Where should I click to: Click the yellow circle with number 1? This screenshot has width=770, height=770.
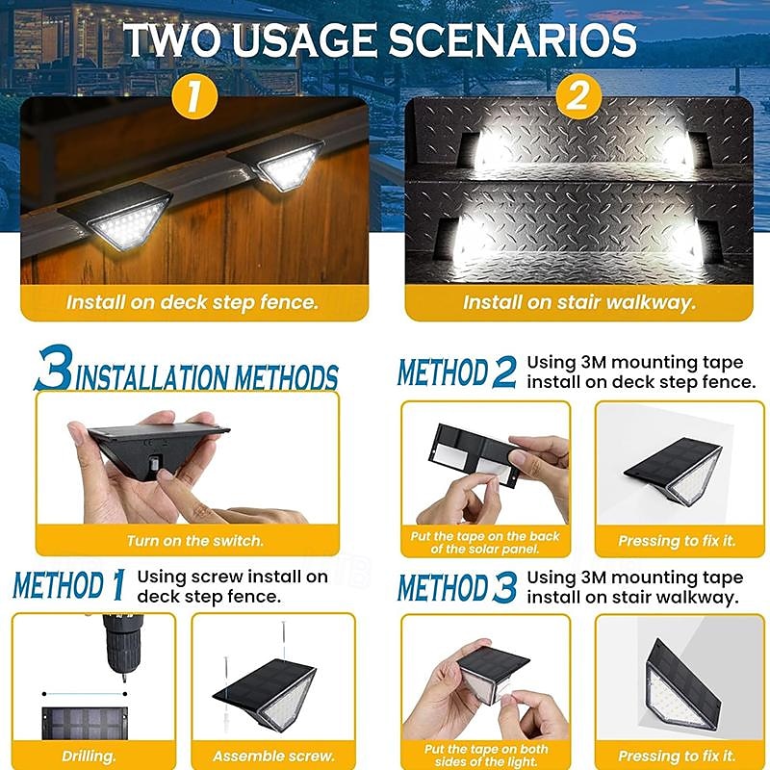click(x=194, y=95)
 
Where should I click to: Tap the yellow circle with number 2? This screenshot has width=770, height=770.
click(x=578, y=95)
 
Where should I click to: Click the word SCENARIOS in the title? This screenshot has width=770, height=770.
click(x=513, y=39)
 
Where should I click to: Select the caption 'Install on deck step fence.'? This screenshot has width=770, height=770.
click(x=192, y=302)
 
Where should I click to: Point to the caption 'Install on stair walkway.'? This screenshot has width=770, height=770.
click(x=579, y=302)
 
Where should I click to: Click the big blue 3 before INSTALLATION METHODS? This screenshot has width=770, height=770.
click(x=54, y=368)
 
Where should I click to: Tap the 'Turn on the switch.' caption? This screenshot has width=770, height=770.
click(x=195, y=541)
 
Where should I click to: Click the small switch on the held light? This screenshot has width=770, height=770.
click(x=156, y=463)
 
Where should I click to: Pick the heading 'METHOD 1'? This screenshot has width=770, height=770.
click(x=69, y=585)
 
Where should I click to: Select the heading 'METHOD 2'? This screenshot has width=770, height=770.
click(x=456, y=372)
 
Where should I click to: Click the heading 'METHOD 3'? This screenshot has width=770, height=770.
click(x=456, y=587)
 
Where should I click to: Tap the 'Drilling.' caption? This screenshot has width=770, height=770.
click(x=89, y=757)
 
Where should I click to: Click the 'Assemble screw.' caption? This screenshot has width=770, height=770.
click(x=273, y=757)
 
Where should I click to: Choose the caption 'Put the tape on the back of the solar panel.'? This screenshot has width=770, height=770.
click(x=485, y=542)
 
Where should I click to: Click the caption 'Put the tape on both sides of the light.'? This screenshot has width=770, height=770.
click(x=486, y=756)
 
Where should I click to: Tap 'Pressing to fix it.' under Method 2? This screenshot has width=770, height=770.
click(x=678, y=541)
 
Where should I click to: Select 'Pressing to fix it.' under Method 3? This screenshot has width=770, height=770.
click(x=678, y=756)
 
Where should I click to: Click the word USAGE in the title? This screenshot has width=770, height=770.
click(x=305, y=39)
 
